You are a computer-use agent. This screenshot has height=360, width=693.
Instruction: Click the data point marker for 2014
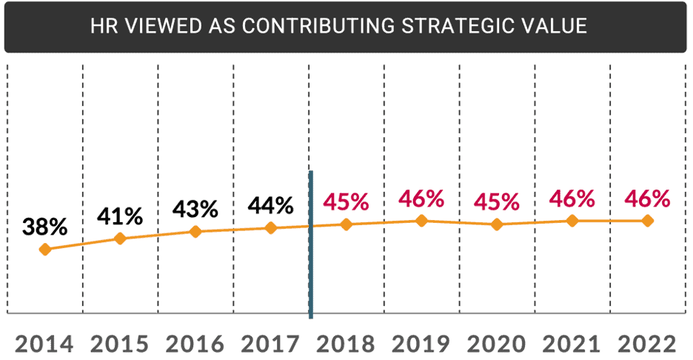click(x=45, y=250)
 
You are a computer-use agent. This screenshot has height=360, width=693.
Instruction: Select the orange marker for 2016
click(x=195, y=232)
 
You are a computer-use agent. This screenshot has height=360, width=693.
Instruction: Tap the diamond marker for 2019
click(x=421, y=220)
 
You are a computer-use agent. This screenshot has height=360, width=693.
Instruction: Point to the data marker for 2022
click(x=647, y=221)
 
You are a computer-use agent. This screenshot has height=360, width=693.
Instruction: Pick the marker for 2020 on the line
click(x=496, y=224)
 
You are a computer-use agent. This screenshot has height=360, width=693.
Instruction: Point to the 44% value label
click(x=272, y=204)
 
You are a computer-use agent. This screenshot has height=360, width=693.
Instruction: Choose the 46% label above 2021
click(x=572, y=199)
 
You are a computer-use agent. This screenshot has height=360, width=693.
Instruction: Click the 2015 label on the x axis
click(x=120, y=344)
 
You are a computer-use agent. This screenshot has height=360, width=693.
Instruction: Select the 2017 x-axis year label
click(x=270, y=344)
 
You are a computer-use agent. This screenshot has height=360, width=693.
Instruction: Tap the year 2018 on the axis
click(x=346, y=344)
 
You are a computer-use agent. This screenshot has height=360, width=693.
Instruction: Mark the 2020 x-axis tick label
click(x=496, y=344)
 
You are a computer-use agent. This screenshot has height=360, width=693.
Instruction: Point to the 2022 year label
click(x=646, y=344)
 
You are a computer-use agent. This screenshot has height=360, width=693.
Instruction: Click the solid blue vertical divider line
click(x=311, y=244)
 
